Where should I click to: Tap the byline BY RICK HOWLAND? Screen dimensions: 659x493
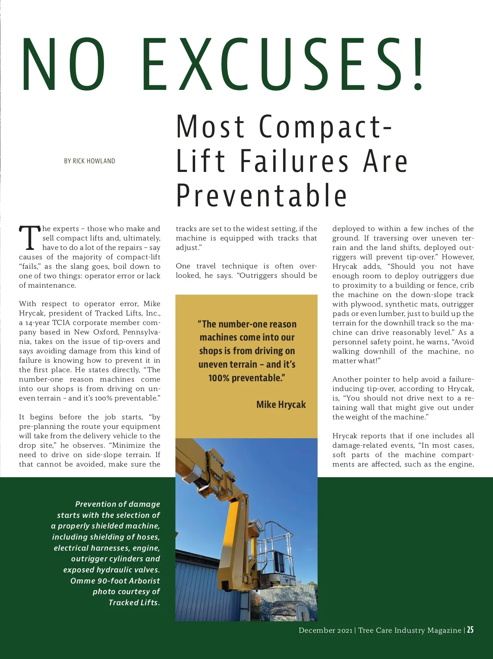click(x=90, y=161)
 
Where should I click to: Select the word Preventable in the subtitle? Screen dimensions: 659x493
click(x=262, y=196)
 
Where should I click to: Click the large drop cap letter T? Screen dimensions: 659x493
click(x=30, y=238)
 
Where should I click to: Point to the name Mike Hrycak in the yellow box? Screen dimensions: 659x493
click(x=281, y=405)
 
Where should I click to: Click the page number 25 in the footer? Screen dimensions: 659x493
click(x=470, y=630)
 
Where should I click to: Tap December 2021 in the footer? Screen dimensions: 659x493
click(x=325, y=630)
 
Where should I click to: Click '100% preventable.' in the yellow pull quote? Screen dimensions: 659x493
click(x=246, y=378)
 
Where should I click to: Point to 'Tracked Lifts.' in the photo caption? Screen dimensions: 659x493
click(x=134, y=602)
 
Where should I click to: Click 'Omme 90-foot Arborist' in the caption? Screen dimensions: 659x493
click(x=115, y=581)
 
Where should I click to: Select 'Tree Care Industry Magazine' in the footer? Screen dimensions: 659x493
click(x=410, y=630)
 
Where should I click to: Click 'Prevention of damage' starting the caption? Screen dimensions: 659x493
click(x=117, y=504)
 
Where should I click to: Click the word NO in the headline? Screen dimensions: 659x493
click(x=64, y=64)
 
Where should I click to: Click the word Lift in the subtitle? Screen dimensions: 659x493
click(x=201, y=161)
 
